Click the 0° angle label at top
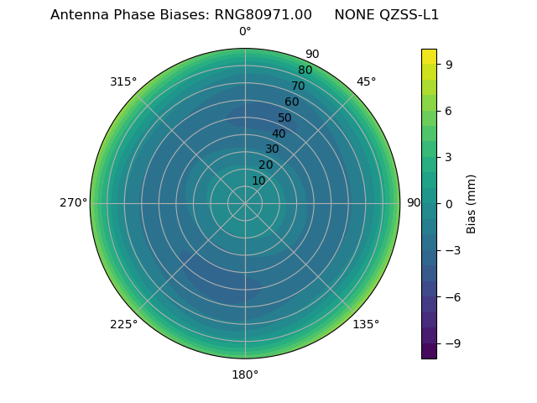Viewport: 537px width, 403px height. (245, 32)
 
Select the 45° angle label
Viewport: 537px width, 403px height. (366, 81)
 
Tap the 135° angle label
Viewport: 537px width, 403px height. (366, 324)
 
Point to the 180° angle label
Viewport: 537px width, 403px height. (245, 374)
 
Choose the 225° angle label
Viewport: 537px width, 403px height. (123, 324)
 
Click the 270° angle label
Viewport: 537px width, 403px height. (73, 203)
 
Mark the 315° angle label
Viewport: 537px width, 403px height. (123, 81)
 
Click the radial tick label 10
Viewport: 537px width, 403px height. (258, 181)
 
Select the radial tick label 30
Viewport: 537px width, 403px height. (272, 149)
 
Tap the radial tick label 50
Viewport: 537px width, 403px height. (285, 118)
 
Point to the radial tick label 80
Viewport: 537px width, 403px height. (305, 70)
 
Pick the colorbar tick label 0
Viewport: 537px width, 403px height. (449, 203)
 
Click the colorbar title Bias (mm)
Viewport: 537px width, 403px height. (472, 203)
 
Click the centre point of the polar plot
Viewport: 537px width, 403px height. (245, 203)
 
